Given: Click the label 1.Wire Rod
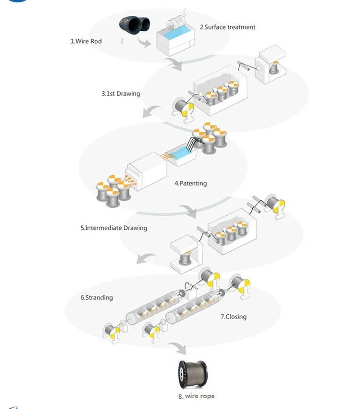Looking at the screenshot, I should (86, 41).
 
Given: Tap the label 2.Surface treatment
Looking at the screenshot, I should (227, 27).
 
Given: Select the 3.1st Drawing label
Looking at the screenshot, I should (121, 93).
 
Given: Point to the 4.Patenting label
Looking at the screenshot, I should (191, 183).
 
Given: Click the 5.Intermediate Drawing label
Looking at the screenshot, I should (114, 228).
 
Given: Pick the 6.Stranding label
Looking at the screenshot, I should (97, 297).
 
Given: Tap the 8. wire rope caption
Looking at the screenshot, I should (196, 396).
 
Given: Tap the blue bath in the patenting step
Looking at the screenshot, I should (187, 154).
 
